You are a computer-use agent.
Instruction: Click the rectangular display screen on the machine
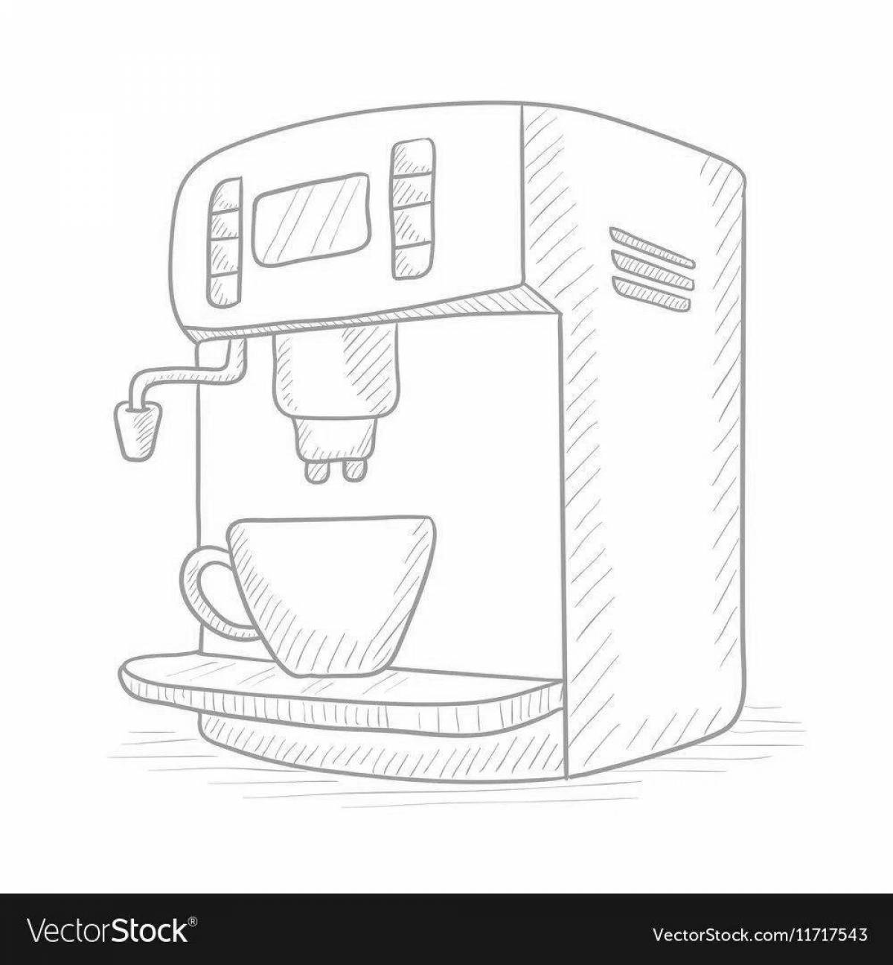coord(311,221)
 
